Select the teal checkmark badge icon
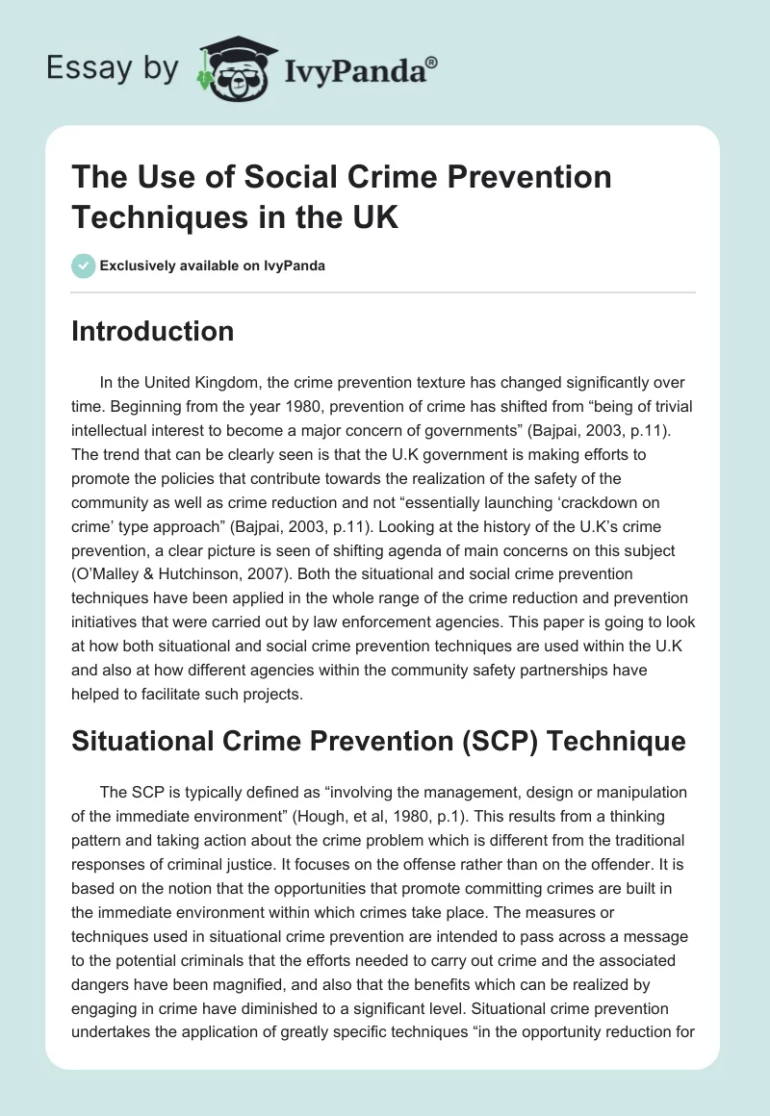[85, 266]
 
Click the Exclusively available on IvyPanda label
[213, 266]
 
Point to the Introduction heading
[153, 331]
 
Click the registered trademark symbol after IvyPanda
[432, 62]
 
